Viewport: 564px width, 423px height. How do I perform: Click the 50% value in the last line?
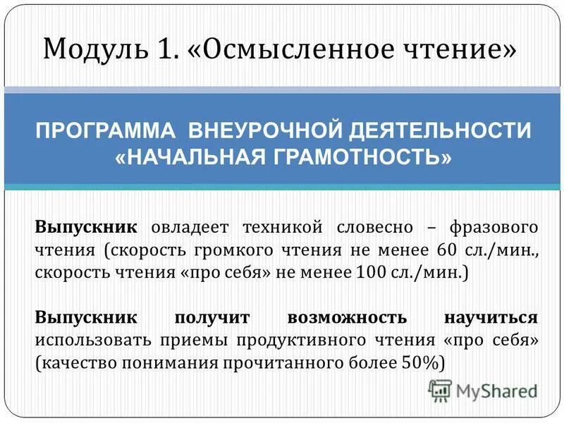(422, 362)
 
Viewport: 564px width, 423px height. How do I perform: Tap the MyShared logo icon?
(439, 390)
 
